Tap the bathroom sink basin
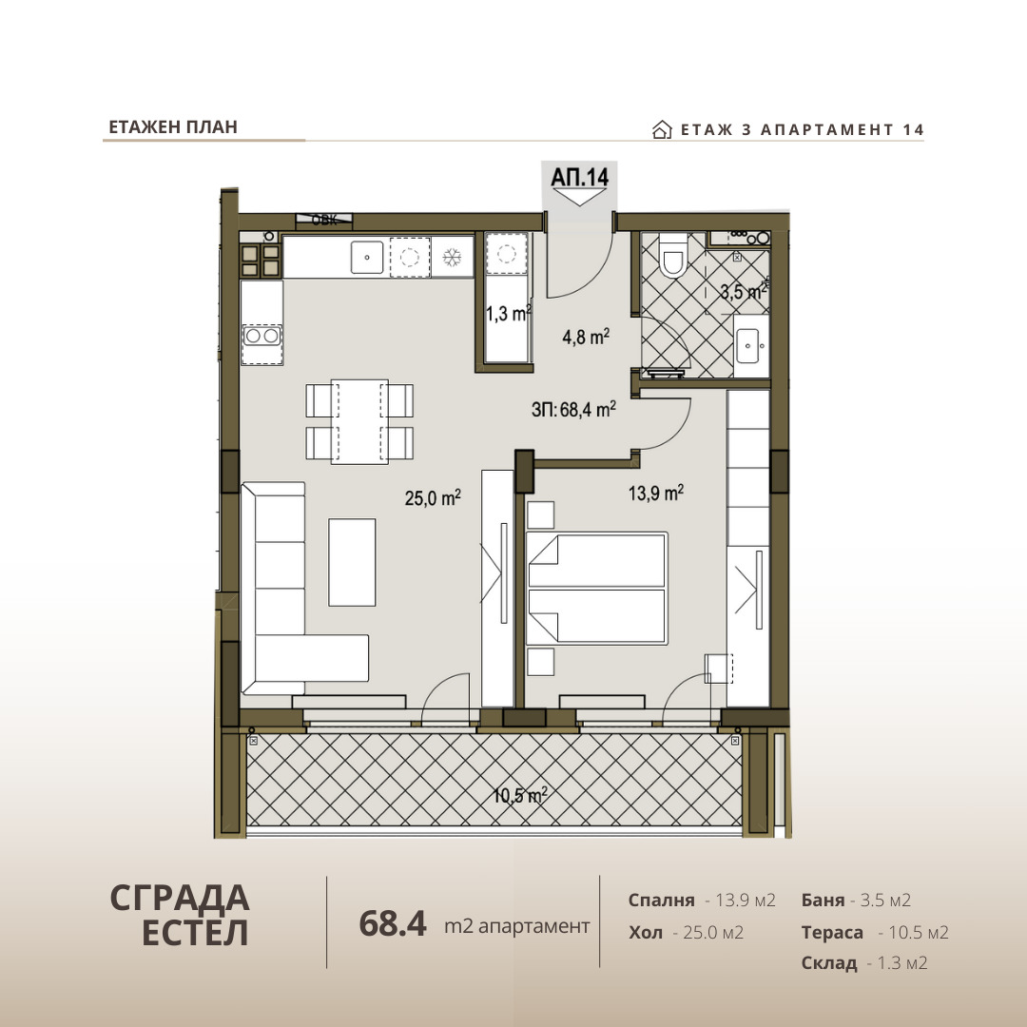747,346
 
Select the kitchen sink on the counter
367,258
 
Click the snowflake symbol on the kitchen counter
452,258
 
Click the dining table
358,422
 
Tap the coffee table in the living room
352,562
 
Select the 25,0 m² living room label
433,497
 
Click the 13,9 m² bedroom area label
655,492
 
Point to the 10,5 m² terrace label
519,795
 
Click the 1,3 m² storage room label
508,313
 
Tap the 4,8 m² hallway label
586,337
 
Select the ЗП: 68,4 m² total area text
573,409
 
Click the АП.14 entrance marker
580,177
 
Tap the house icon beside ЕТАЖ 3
662,129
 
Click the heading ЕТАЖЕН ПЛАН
173,127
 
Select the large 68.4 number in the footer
393,922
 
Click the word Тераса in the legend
832,932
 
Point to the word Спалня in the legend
661,900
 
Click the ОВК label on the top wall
324,220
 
